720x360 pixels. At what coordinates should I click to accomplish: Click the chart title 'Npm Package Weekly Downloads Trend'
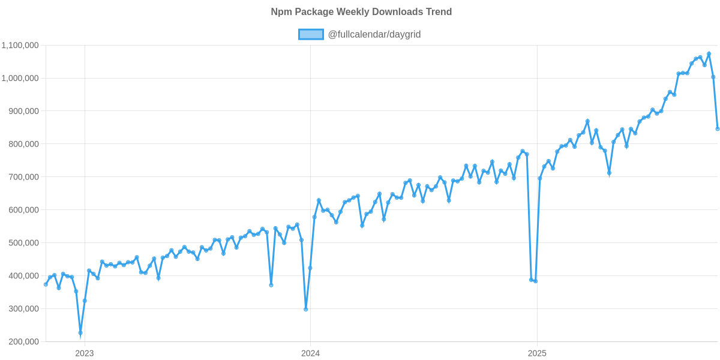click(361, 12)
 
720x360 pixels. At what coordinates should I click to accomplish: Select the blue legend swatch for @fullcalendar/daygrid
click(311, 34)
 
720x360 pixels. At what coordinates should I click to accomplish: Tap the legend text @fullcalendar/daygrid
click(374, 34)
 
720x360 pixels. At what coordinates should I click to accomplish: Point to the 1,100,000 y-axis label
click(20, 45)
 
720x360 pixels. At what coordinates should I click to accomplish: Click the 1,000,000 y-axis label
click(20, 78)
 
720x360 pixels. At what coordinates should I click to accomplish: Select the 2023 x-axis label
click(84, 353)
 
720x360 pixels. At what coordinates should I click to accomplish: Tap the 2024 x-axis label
click(310, 353)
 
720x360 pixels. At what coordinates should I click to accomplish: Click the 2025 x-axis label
click(536, 353)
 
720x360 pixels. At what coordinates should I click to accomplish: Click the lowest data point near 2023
click(80, 333)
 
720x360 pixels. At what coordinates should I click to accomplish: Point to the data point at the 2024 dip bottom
click(306, 309)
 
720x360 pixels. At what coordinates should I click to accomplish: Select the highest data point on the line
click(709, 53)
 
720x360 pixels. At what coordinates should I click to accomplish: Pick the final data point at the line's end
click(718, 129)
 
